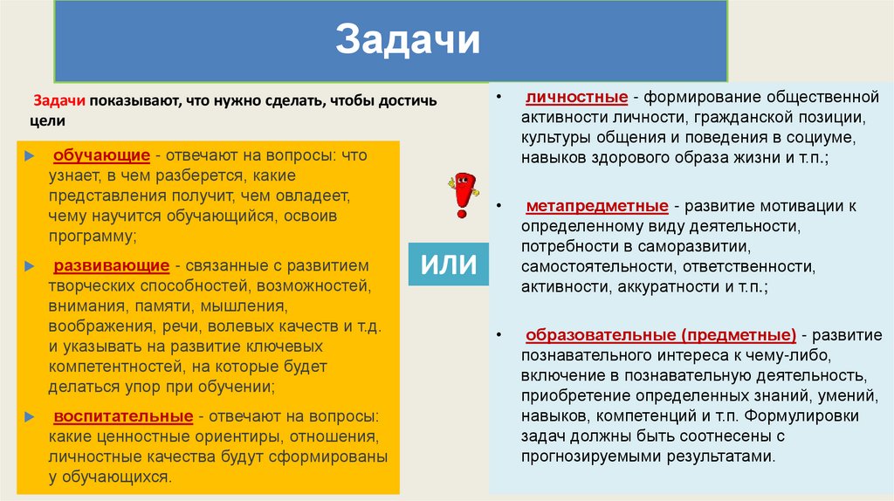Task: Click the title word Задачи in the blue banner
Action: click(x=408, y=41)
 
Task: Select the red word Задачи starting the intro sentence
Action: click(x=58, y=101)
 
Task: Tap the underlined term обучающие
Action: click(x=102, y=155)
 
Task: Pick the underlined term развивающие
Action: click(x=111, y=264)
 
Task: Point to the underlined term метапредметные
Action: click(x=597, y=207)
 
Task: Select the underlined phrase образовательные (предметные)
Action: click(x=660, y=335)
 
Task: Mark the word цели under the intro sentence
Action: click(x=45, y=121)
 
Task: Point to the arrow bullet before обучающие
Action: click(x=31, y=156)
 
